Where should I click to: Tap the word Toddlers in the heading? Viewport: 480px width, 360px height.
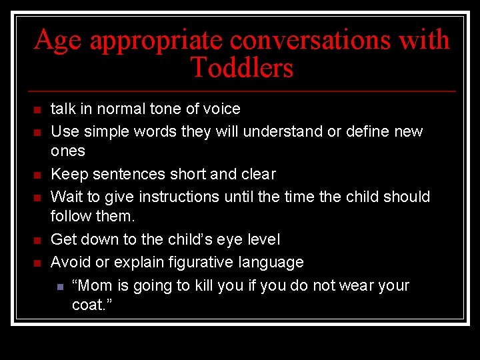click(x=241, y=68)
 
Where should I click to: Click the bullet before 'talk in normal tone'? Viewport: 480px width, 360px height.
click(x=38, y=109)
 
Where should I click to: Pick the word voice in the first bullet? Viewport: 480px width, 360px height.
click(x=223, y=109)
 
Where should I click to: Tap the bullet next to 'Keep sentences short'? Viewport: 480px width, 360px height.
click(x=38, y=175)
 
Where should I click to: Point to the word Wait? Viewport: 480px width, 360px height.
click(x=65, y=197)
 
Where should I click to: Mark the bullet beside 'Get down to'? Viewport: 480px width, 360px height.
click(x=38, y=240)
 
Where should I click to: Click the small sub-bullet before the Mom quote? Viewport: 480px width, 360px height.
click(x=59, y=287)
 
